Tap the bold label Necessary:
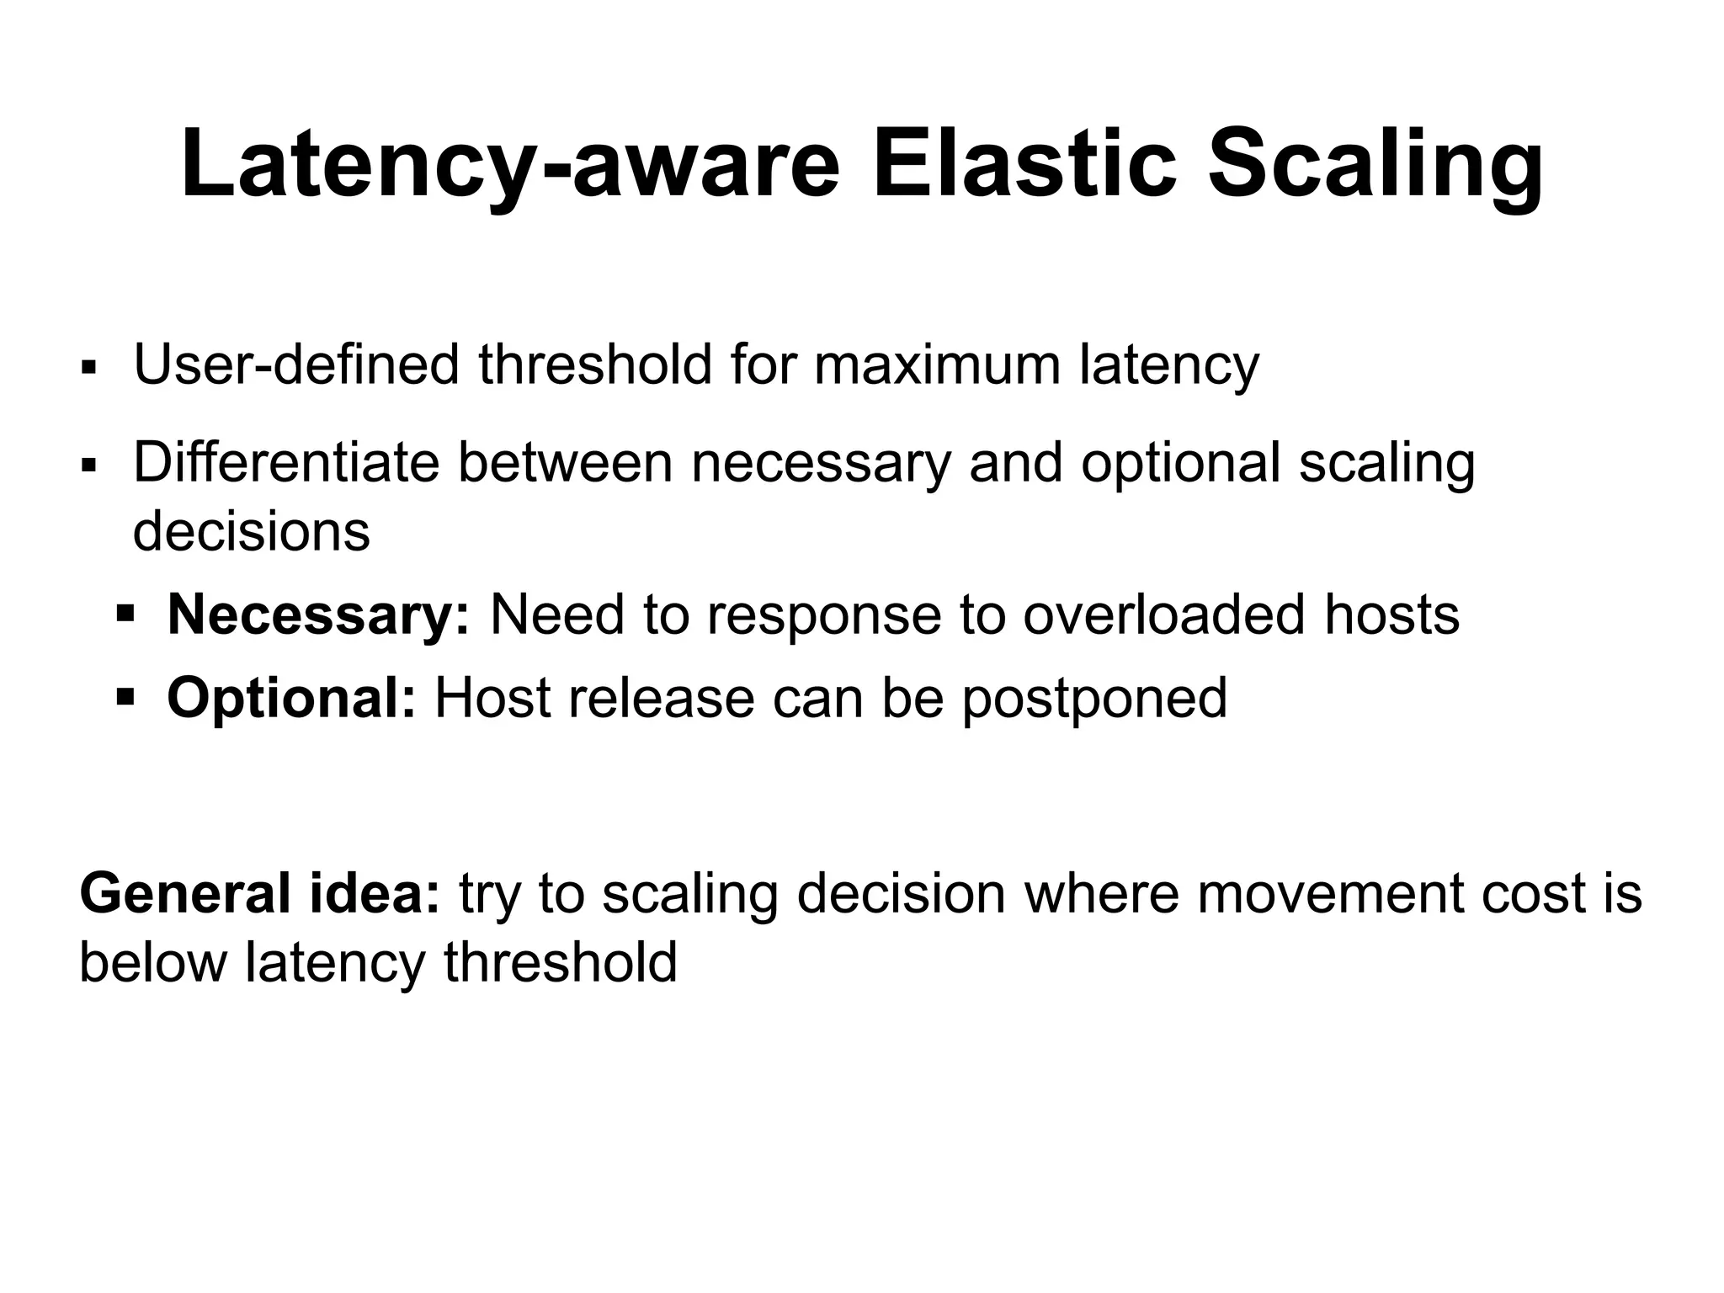click(x=318, y=615)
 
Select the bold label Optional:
click(x=291, y=698)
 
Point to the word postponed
click(x=1094, y=700)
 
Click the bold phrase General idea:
click(x=260, y=893)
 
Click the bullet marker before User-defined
click(x=88, y=368)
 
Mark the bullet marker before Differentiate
click(x=88, y=465)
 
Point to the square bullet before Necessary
click(x=125, y=614)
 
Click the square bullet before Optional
click(x=125, y=697)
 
